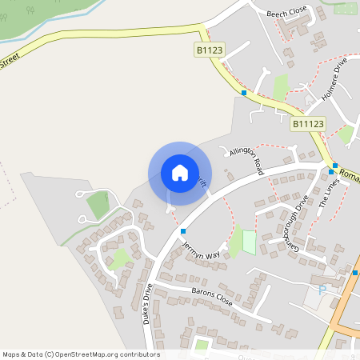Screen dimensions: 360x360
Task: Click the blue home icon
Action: tap(180, 173)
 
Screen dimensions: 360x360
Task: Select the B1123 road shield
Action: tap(210, 50)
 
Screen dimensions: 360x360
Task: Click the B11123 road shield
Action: tap(308, 124)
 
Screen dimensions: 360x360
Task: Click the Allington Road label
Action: tap(246, 159)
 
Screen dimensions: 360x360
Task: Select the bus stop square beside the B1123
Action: tap(244, 93)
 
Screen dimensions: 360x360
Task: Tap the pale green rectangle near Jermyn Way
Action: tap(250, 242)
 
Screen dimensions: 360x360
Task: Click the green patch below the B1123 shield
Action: tap(281, 86)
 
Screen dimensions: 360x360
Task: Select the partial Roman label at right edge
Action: tap(349, 173)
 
